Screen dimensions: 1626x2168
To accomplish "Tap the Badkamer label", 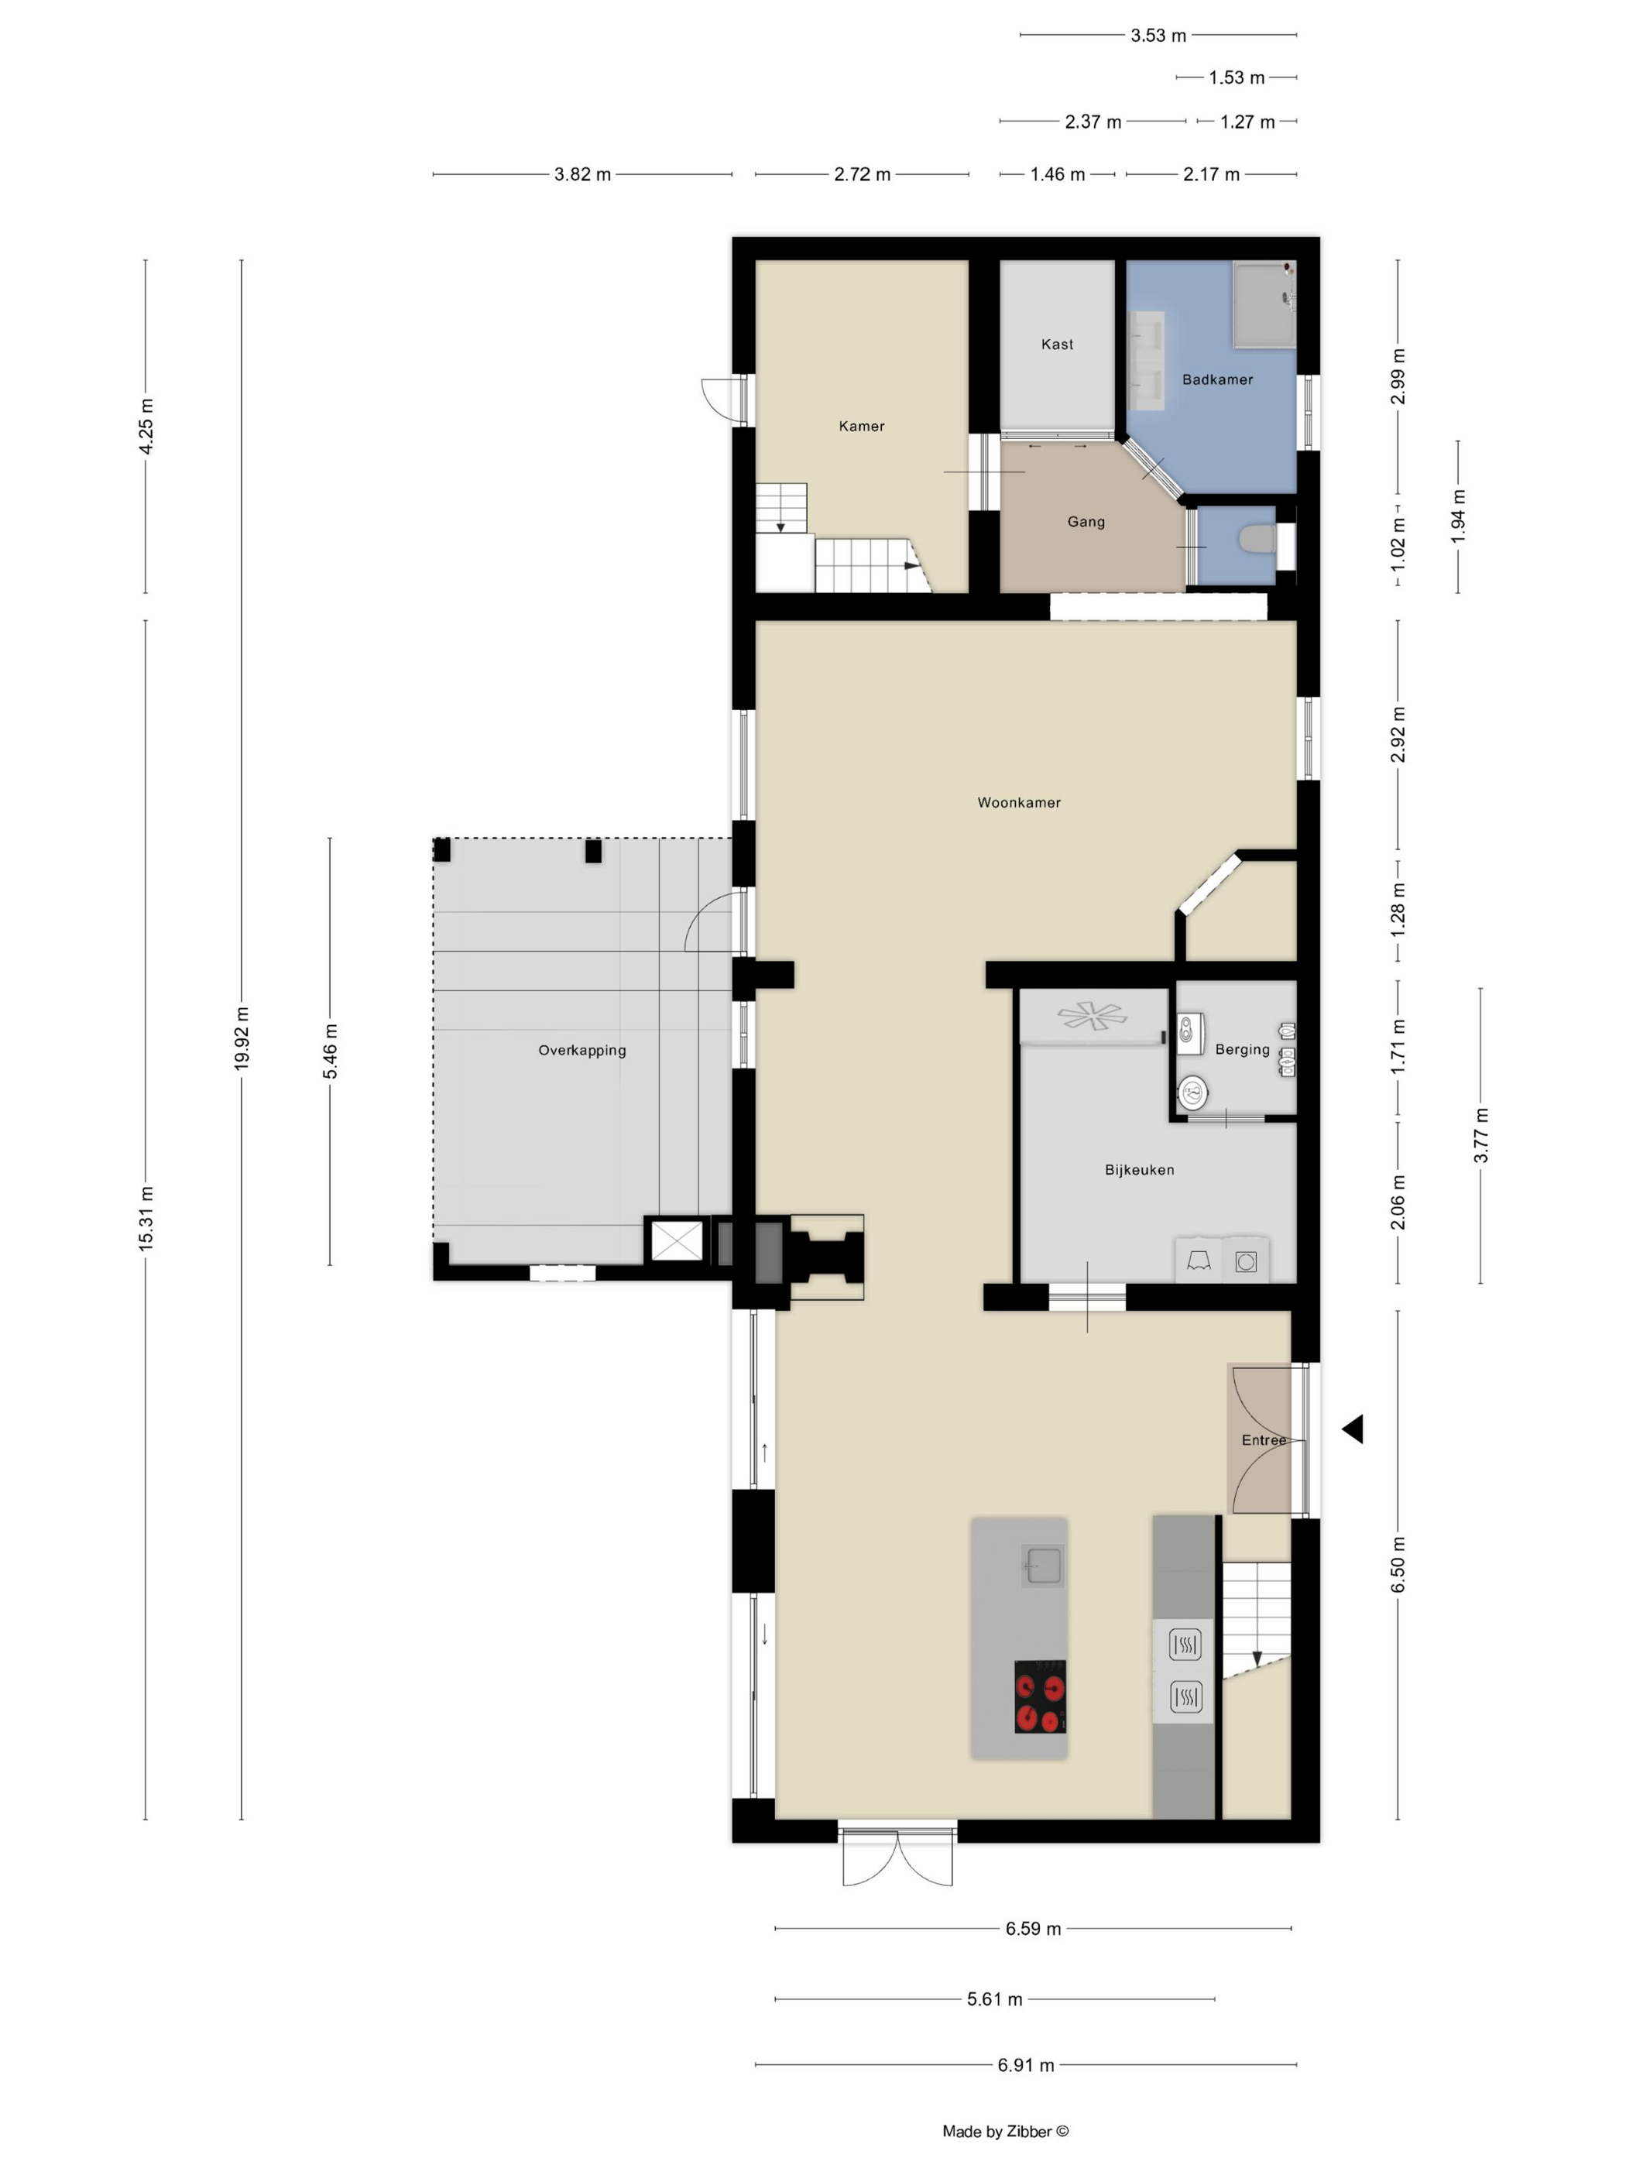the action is tap(1217, 379).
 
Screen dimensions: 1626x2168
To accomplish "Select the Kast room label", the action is tap(1057, 344).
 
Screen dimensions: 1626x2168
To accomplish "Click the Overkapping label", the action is tap(582, 1051).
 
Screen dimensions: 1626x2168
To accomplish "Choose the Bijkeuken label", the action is tap(1139, 1169).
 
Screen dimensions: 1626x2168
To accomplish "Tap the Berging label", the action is tap(1242, 1050).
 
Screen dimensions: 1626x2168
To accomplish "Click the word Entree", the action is tap(1264, 1439).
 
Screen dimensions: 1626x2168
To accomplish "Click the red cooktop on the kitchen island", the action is tap(1040, 1696).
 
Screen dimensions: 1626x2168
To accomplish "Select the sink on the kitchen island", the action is tap(1042, 1566).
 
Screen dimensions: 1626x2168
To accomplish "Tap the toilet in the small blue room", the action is tap(1257, 538).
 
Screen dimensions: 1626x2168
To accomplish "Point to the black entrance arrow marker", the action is tap(1353, 1429).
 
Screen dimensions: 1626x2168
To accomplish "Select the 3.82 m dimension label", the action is tap(582, 174).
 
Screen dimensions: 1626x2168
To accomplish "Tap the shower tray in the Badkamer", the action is tap(1264, 304).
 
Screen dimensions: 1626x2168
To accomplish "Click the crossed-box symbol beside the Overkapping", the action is tap(676, 1240).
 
